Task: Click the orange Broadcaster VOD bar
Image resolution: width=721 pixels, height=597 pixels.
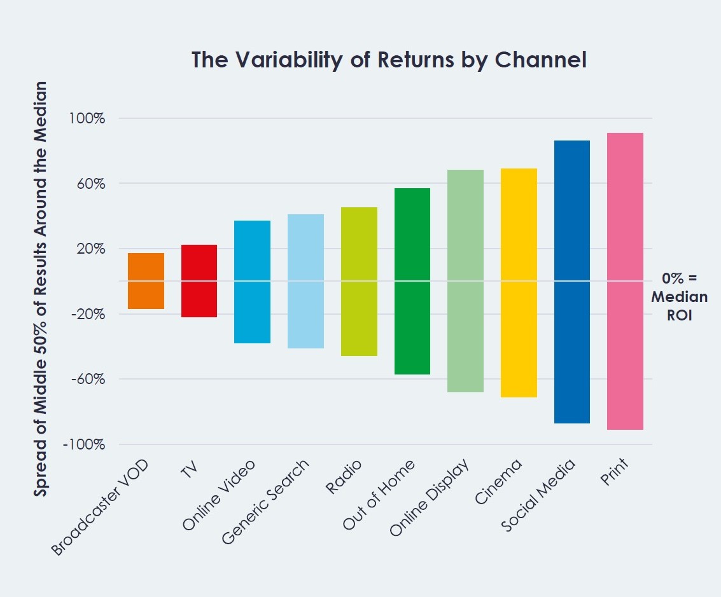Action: click(x=146, y=281)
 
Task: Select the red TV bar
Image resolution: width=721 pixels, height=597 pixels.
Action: click(x=199, y=281)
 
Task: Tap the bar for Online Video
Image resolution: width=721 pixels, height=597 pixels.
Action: click(x=253, y=282)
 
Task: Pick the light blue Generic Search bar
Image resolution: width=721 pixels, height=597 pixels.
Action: click(x=306, y=281)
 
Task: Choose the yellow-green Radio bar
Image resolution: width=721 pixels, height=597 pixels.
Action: click(x=359, y=282)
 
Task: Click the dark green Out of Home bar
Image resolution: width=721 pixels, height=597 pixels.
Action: click(x=412, y=281)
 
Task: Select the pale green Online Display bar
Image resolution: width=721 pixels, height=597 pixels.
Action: click(x=466, y=281)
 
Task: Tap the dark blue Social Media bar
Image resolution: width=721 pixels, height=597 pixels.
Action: click(x=572, y=282)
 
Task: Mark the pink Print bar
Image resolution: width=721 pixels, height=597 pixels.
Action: click(x=626, y=281)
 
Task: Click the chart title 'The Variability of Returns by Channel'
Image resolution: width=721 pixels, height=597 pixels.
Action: click(x=389, y=60)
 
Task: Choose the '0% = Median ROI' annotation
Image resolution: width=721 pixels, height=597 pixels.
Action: click(x=679, y=296)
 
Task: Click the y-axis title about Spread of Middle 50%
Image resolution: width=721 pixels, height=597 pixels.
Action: click(x=41, y=289)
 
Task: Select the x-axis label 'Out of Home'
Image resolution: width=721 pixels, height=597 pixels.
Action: click(x=378, y=495)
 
